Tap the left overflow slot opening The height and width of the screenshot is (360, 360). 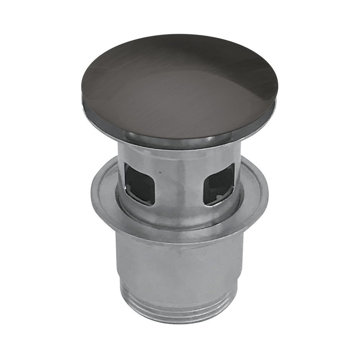point(139,183)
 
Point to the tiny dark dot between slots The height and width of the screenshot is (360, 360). point(160,173)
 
